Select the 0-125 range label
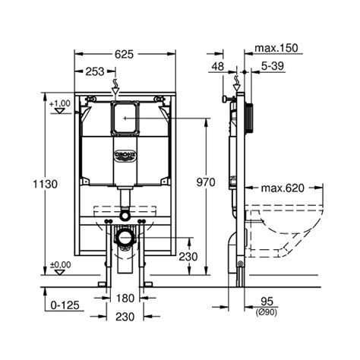46,305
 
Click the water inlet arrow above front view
115,83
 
